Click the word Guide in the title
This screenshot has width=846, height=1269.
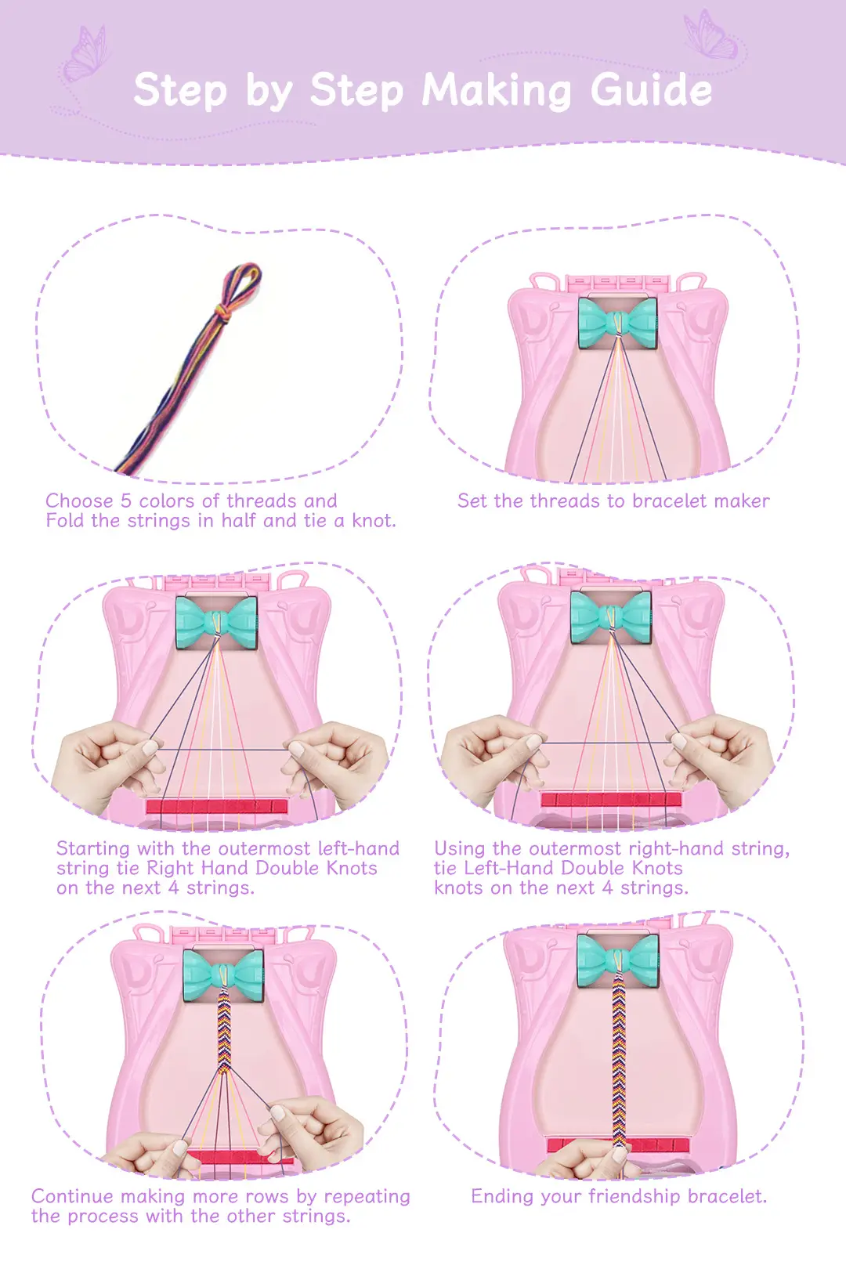[x=651, y=91]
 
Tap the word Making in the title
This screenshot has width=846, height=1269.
[x=497, y=92]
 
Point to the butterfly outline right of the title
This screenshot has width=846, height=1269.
[x=711, y=35]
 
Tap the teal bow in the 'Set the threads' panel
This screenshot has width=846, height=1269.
[x=617, y=324]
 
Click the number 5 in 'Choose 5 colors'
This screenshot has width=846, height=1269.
[x=126, y=501]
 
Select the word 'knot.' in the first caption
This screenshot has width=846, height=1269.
[x=374, y=521]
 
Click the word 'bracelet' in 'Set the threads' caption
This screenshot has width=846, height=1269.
[x=671, y=501]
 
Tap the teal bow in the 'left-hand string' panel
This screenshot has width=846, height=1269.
[x=216, y=622]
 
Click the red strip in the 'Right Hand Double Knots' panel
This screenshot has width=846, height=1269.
[x=217, y=806]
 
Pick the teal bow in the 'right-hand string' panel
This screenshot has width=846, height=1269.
[x=611, y=617]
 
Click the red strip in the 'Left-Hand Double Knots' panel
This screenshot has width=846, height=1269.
[x=611, y=799]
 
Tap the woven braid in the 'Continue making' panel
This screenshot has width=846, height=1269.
[x=224, y=1030]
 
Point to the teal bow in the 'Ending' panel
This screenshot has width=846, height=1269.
[x=618, y=961]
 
